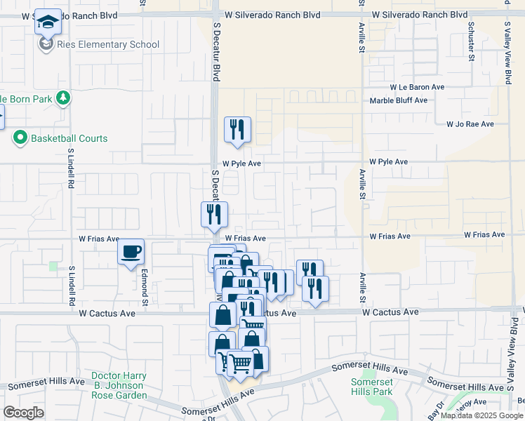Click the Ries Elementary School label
coord(108,45)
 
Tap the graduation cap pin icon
coord(48,23)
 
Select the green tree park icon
coord(64,98)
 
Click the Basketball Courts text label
coord(69,138)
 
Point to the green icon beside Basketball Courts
coord(20,138)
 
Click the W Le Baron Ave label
coord(418,87)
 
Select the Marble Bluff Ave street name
coord(399,100)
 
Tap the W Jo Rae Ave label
coord(470,124)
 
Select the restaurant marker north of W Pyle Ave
coord(237,130)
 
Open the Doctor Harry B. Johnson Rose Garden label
coord(119,386)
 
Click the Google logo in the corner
coord(23,412)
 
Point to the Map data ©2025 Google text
coord(481,415)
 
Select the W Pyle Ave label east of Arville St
coord(388,162)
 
